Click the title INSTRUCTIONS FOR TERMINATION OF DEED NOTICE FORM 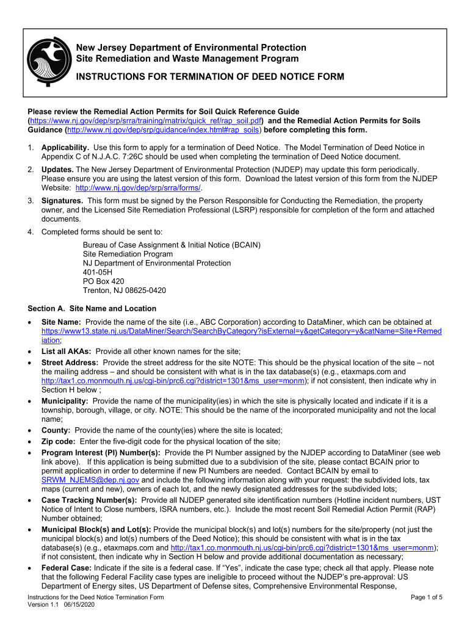point(209,77)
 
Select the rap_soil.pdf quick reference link point(150,121)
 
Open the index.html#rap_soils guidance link point(164,130)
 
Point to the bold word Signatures point(62,201)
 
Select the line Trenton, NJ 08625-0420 point(125,291)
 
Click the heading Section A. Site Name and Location point(92,309)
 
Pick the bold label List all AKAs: point(67,351)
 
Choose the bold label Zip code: point(59,441)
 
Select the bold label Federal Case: point(68,567)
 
